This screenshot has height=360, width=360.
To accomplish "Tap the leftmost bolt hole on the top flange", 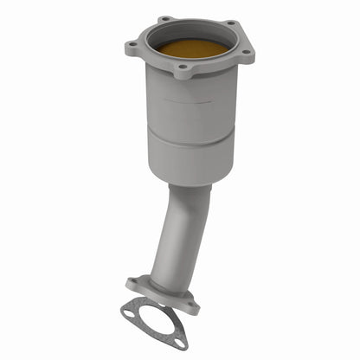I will coord(132,46).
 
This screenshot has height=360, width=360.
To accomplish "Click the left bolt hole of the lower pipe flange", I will coord(134,282).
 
